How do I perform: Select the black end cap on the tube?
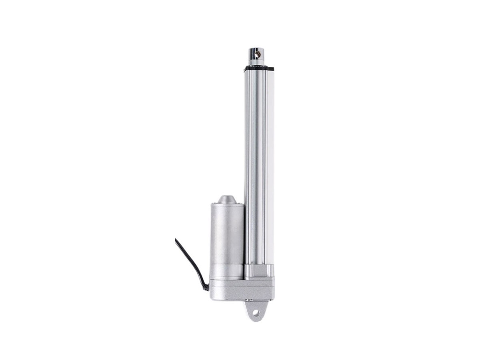(x=258, y=68)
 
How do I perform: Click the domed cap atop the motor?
(x=226, y=200)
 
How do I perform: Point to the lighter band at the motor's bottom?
(x=226, y=274)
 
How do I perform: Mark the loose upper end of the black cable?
(x=176, y=240)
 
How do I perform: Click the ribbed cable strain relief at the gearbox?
(x=206, y=286)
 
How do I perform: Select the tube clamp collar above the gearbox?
(x=259, y=272)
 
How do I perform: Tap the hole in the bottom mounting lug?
(x=256, y=313)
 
